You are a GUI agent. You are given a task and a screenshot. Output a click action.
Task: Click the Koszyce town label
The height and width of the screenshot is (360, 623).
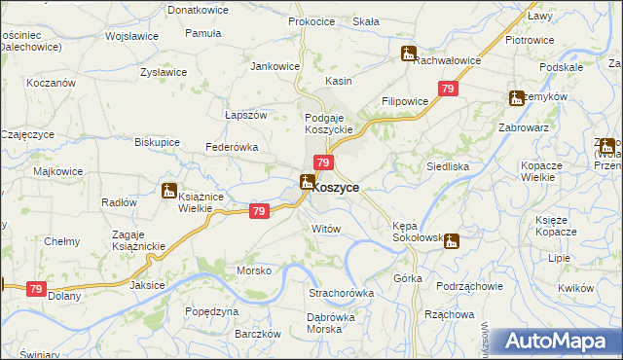[x=336, y=188]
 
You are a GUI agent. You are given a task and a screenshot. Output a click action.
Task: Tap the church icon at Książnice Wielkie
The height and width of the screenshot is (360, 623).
[x=169, y=192]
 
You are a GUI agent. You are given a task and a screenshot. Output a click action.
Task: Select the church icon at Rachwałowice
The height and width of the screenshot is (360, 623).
[x=408, y=54]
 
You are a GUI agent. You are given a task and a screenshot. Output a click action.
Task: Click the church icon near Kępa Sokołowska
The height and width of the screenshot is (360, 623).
[x=451, y=241]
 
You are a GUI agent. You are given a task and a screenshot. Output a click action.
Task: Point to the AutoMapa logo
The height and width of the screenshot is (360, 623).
[x=557, y=342]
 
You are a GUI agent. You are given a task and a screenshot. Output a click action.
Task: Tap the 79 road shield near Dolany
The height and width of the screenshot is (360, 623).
[x=36, y=289]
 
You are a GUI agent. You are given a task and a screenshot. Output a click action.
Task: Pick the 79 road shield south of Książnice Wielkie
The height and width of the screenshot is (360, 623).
[x=258, y=211]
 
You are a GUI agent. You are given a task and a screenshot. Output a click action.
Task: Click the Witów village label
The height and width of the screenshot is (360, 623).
[x=325, y=228]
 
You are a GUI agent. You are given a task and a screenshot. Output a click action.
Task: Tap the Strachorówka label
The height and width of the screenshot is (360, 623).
[x=342, y=293]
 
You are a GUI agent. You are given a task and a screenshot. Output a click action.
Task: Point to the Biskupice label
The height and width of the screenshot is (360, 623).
[x=157, y=141]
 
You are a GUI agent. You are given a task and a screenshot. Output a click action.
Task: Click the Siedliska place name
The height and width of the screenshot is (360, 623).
[x=448, y=166]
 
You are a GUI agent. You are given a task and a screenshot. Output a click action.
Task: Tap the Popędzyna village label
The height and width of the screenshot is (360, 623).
[x=211, y=311]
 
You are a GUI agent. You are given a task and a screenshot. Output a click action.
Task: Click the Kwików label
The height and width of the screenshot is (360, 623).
[x=577, y=288]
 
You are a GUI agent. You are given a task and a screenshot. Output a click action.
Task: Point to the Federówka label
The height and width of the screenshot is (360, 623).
[x=231, y=147]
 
